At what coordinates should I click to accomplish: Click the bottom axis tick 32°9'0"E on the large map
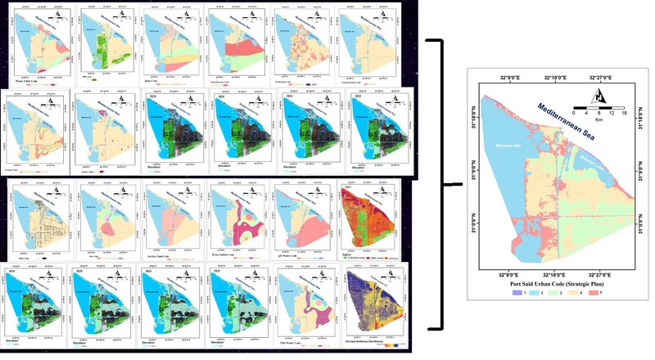tap(506, 274)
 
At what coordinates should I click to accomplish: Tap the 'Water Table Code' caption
tap(30, 79)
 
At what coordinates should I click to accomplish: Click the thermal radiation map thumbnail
tap(368, 302)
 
